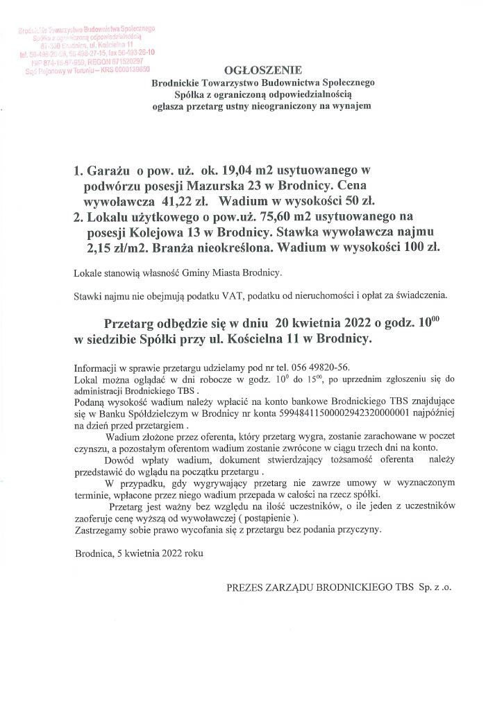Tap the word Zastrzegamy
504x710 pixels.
pyautogui.click(x=101, y=529)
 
